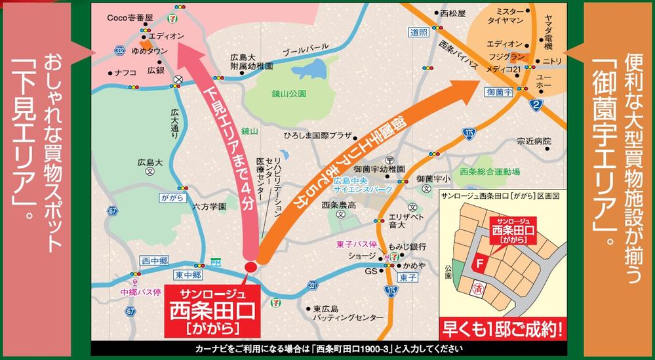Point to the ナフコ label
[x=125, y=72]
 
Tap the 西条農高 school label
[x=339, y=205]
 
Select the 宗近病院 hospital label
[x=534, y=141]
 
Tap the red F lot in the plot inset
[x=482, y=266]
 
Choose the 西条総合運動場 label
[x=490, y=172]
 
